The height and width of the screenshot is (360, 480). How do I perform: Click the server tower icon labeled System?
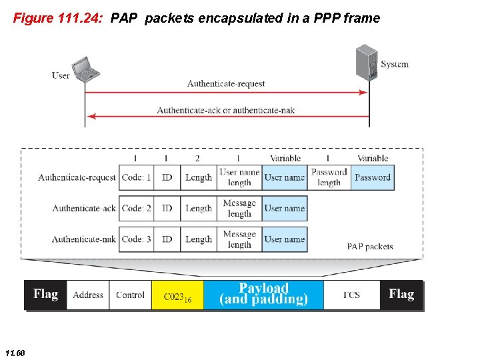(x=366, y=63)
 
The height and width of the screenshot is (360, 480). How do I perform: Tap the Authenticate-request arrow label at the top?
(x=226, y=84)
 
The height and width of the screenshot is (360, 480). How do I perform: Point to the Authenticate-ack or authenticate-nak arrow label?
(x=225, y=110)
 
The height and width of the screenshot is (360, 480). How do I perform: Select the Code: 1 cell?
(x=136, y=177)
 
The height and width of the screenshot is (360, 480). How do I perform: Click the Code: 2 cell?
(x=136, y=208)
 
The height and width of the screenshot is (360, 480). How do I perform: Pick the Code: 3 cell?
(x=136, y=239)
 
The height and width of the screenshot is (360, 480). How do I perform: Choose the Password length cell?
(x=329, y=177)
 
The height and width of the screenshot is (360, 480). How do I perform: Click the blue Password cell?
(x=372, y=177)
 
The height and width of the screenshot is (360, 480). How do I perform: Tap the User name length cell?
(x=239, y=177)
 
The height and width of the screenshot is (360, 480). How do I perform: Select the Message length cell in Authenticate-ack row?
(x=239, y=208)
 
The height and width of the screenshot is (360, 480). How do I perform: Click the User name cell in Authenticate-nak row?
(x=285, y=239)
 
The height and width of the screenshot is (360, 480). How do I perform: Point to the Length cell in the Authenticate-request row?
(x=198, y=177)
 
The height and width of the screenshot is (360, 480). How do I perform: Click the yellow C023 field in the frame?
(x=177, y=295)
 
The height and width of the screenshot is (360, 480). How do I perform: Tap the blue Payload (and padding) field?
(x=263, y=295)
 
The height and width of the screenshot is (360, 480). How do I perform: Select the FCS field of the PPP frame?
(x=351, y=295)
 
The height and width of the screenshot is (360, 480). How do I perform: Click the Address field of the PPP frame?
(x=88, y=295)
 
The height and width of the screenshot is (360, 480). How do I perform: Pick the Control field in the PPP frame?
(x=130, y=295)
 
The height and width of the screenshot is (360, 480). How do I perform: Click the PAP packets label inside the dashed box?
(x=370, y=247)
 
